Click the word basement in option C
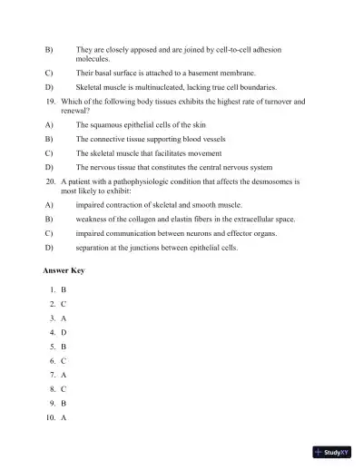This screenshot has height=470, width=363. click(214, 72)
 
